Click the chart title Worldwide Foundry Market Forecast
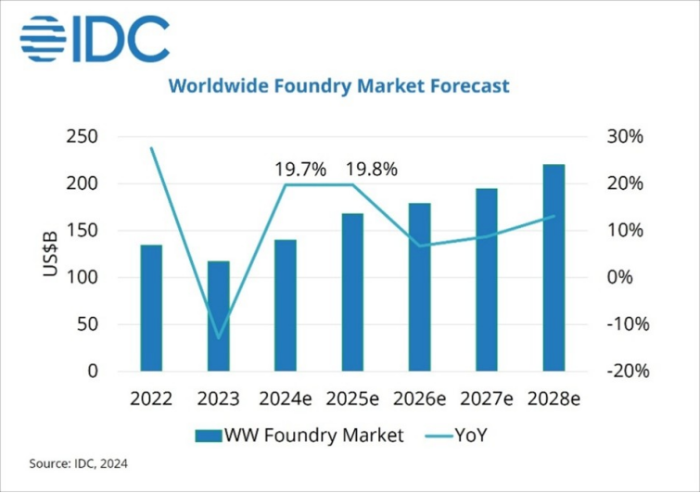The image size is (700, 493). pos(338,86)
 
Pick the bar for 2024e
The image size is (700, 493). pos(285,305)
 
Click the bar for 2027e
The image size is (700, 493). pos(487,280)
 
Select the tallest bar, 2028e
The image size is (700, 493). pos(554,268)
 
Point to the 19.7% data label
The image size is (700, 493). pos(300,170)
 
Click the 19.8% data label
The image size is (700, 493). pos(371,170)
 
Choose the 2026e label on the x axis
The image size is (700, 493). pos(420,399)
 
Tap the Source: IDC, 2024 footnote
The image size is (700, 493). pos(79,462)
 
